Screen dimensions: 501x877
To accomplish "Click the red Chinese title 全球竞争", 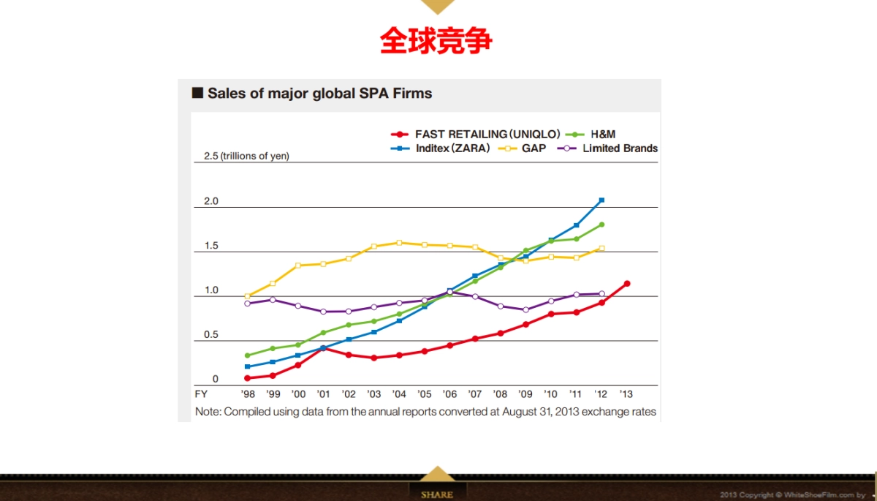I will coord(436,41).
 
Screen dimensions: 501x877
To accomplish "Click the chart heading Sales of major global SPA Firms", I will coord(319,94).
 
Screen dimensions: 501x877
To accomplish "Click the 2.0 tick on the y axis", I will coord(211,201).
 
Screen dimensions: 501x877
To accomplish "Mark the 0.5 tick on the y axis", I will coord(211,335).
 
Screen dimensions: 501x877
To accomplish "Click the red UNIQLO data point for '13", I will coord(626,284).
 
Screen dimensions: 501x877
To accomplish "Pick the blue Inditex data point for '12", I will coord(601,200).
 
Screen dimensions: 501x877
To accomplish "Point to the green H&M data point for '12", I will coord(601,225).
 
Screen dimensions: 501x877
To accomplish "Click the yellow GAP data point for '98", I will coord(247,296).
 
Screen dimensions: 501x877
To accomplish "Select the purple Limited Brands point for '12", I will coord(601,294).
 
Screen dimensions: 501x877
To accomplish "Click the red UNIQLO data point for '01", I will coord(323,348).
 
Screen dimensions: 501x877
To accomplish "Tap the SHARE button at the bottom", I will coord(437,494).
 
